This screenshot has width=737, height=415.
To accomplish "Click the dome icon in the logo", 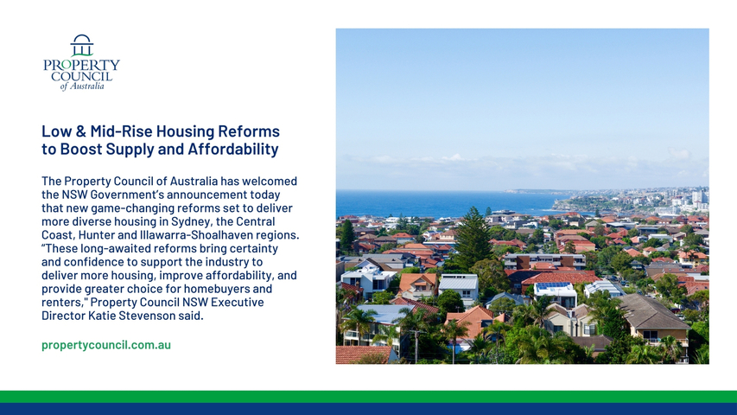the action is click(82, 45).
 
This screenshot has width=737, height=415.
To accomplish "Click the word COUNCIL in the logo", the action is click(82, 76).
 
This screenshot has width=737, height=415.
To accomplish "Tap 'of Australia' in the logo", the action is click(82, 86).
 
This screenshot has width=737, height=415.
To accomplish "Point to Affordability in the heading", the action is click(233, 149).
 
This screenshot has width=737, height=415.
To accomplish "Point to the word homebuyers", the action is click(217, 289).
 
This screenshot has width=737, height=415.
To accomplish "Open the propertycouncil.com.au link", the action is click(106, 345).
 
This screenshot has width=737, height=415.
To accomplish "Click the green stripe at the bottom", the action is click(368, 397).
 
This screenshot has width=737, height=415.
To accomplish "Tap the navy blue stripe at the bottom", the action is click(368, 409).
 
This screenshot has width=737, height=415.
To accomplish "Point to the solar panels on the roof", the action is click(553, 285).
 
